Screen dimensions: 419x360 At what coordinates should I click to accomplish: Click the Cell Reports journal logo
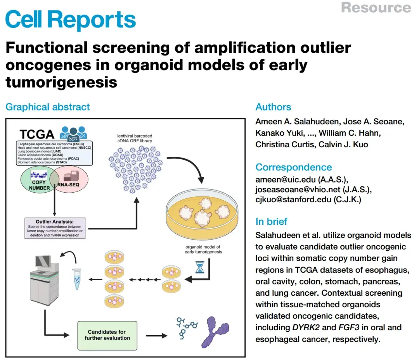tap(71, 20)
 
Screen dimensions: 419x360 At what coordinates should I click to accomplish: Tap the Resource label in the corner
tap(376, 7)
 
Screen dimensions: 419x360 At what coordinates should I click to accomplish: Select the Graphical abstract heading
tap(48, 107)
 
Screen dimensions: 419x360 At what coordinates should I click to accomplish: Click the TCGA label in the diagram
tap(37, 134)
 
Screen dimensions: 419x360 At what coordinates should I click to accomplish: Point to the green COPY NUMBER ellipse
tap(37, 180)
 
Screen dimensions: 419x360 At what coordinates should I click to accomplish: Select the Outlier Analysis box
tap(55, 228)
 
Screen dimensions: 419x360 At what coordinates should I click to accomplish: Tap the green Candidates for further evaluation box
tap(107, 336)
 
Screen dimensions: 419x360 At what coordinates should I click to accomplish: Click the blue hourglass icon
tap(200, 267)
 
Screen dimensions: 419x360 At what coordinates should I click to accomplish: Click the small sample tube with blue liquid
tap(77, 279)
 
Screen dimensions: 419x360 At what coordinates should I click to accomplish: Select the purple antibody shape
tap(215, 332)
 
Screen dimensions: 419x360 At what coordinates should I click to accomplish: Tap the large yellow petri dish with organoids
tap(202, 215)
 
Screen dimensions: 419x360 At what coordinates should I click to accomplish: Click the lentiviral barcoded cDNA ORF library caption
tap(135, 138)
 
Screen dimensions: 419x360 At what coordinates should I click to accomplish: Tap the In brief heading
tap(271, 222)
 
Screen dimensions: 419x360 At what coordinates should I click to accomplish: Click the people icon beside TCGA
tap(73, 133)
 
